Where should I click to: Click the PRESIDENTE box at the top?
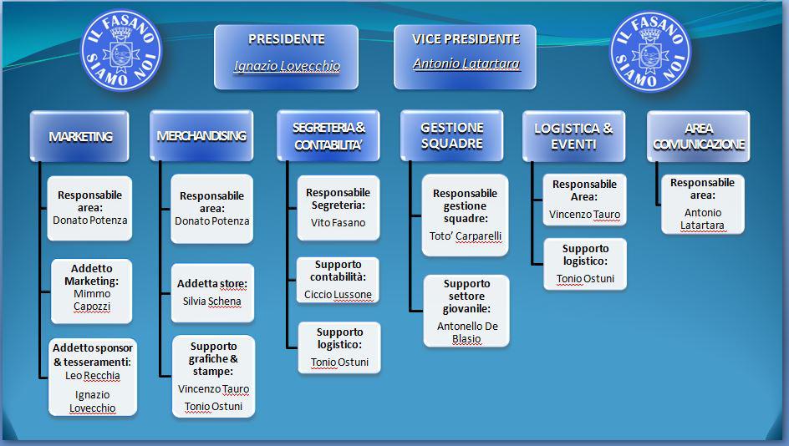[287, 58]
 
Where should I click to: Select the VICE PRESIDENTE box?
[465, 58]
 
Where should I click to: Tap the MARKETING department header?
[79, 136]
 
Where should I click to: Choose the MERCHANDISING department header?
[201, 136]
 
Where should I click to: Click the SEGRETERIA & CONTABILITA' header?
[328, 136]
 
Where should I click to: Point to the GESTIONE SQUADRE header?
[452, 136]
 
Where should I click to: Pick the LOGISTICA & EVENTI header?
[573, 136]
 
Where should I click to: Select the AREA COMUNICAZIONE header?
[699, 136]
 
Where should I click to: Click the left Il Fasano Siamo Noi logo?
[121, 50]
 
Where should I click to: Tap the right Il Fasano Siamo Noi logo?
[650, 51]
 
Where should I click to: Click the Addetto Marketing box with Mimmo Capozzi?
[92, 291]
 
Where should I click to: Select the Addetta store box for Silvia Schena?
[212, 292]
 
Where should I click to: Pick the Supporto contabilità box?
[338, 280]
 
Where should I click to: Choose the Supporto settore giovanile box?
[466, 311]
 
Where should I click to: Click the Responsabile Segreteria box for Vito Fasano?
[339, 208]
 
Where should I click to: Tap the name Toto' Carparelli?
[466, 236]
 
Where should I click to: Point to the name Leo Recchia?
[93, 376]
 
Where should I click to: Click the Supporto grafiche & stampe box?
[213, 376]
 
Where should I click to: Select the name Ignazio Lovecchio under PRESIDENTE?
[287, 66]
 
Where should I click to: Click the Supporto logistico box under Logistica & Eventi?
[585, 264]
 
